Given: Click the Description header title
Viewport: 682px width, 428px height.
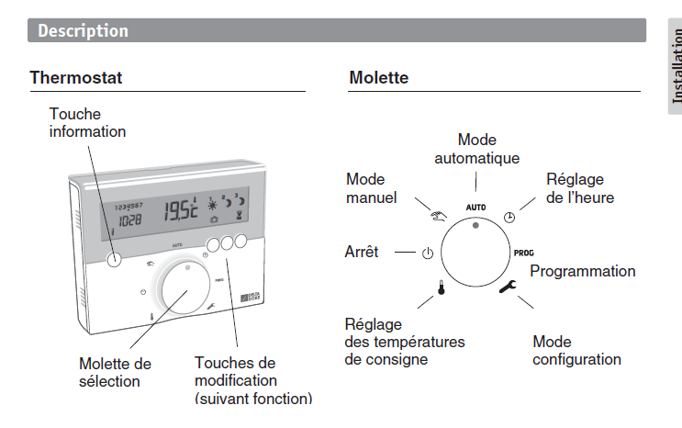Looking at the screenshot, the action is (x=84, y=31).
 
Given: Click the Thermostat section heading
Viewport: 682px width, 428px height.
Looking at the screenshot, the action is (x=76, y=78).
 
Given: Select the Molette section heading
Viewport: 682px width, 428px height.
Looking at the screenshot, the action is (x=378, y=78).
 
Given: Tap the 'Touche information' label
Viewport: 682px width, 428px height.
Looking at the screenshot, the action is (x=87, y=123).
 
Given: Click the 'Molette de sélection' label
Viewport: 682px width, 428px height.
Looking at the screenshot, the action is (x=115, y=372).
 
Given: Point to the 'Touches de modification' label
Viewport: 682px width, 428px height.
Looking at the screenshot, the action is (x=253, y=380).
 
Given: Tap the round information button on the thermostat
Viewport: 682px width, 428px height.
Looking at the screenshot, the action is (x=113, y=258).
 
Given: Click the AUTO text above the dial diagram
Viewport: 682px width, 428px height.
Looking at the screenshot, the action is (x=475, y=208).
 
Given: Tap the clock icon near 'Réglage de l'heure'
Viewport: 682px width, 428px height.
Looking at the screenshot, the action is (x=510, y=218).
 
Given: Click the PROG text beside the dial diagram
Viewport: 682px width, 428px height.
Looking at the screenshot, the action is (x=523, y=252).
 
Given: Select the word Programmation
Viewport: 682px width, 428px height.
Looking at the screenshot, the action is (x=582, y=271).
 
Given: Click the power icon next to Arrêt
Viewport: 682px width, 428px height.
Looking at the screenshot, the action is (x=427, y=253).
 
